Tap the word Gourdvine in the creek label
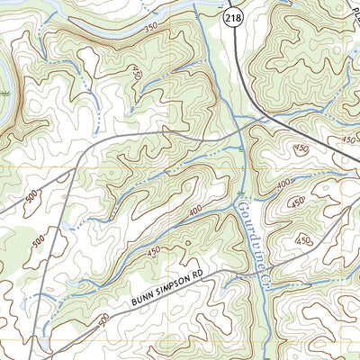tap(245, 229)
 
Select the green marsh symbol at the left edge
tap(4, 90)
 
